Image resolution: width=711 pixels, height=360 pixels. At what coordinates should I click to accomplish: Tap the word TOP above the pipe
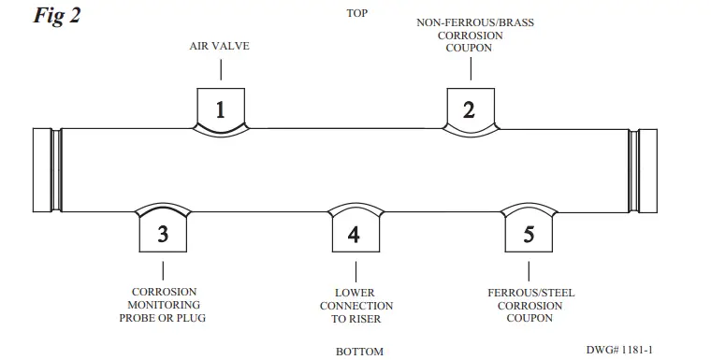[x=356, y=14]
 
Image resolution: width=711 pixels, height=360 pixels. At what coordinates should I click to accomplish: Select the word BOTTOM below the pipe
[x=359, y=352]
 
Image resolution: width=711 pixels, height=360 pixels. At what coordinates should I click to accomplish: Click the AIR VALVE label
[x=220, y=46]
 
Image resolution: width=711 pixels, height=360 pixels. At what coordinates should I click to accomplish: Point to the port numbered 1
[x=221, y=109]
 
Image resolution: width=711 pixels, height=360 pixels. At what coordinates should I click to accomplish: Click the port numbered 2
[x=469, y=109]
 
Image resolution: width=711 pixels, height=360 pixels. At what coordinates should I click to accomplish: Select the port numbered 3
[x=163, y=234]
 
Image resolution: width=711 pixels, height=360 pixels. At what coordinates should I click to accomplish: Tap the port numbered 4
[x=354, y=234]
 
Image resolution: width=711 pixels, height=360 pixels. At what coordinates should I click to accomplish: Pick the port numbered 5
[x=530, y=234]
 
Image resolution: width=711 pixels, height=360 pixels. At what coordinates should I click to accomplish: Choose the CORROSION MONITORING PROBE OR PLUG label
[x=163, y=305]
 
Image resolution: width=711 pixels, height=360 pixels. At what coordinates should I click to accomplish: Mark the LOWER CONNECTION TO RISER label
[x=355, y=305]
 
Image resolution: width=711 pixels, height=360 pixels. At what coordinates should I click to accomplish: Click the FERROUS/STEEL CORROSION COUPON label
[x=530, y=305]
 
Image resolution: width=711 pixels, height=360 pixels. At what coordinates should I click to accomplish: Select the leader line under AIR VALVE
[x=221, y=69]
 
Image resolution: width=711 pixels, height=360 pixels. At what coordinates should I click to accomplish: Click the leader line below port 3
[x=163, y=269]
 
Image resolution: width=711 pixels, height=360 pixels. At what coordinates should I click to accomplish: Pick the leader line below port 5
[x=530, y=269]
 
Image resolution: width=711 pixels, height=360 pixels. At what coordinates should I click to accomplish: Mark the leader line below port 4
[x=354, y=269]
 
